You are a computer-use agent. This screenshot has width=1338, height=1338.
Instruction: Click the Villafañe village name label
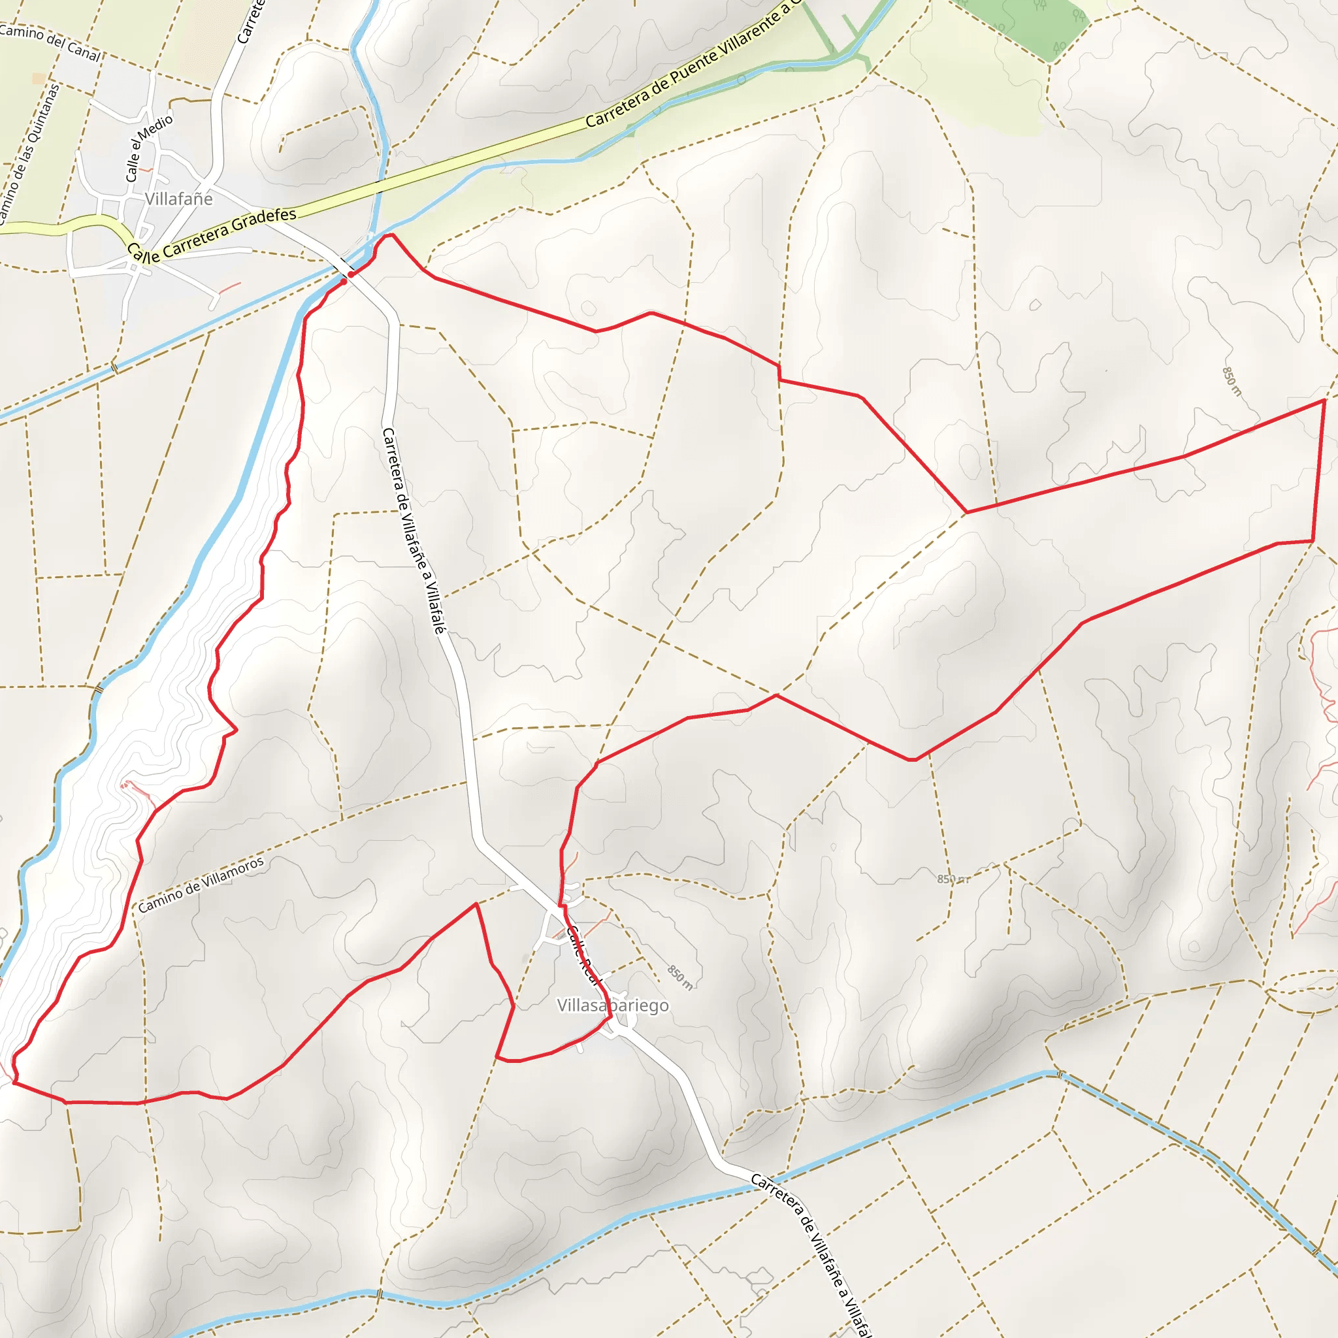pyautogui.click(x=178, y=199)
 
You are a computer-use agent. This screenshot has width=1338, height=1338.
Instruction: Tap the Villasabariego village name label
pyautogui.click(x=613, y=1005)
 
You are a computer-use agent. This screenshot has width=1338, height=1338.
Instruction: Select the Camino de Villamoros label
pyautogui.click(x=201, y=885)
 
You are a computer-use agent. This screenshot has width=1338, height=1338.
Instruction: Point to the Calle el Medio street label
pyautogui.click(x=149, y=148)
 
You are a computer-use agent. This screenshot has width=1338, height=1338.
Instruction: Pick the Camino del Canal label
pyautogui.click(x=50, y=42)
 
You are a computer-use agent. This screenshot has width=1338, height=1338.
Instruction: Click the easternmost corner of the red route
pyautogui.click(x=1324, y=400)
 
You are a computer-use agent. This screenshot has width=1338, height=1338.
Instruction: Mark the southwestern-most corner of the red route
pyautogui.click(x=14, y=1083)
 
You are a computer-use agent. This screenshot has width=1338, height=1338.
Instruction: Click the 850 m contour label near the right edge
pyautogui.click(x=1232, y=381)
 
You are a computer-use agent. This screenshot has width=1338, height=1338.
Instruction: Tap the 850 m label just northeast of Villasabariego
pyautogui.click(x=679, y=977)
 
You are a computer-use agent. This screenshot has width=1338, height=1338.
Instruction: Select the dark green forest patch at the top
pyautogui.click(x=1025, y=27)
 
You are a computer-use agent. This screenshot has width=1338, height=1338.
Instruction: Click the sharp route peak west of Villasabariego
pyautogui.click(x=476, y=904)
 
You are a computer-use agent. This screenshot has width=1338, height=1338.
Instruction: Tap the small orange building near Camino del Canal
pyautogui.click(x=39, y=78)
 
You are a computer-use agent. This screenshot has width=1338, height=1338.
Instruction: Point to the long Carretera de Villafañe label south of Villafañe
pyautogui.click(x=413, y=530)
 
